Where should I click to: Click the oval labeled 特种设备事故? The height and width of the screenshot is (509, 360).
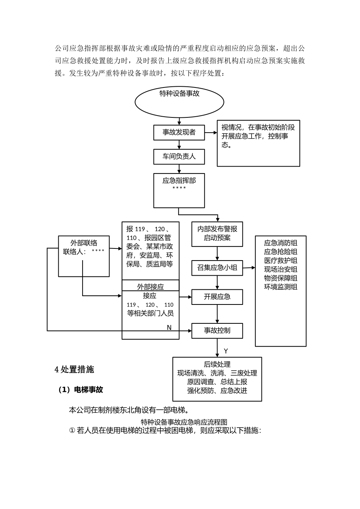[179, 101]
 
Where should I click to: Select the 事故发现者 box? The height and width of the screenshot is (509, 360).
[179, 133]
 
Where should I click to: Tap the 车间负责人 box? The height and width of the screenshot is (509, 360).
[179, 156]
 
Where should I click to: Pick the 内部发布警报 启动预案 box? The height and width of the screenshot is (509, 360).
[217, 234]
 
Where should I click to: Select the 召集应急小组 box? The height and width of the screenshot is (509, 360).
[217, 268]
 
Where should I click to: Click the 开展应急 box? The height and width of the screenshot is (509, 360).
[217, 297]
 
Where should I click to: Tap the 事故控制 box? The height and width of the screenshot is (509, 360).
[217, 331]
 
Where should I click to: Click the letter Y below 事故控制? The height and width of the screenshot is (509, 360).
[226, 351]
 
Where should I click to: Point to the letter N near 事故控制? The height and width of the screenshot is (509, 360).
[169, 327]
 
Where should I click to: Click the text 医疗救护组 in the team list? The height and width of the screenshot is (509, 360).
[281, 261]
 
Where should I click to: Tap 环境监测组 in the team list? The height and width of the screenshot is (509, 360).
[281, 287]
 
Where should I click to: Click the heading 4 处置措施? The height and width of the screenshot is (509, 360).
[75, 370]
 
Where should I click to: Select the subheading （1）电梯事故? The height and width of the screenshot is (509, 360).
[80, 390]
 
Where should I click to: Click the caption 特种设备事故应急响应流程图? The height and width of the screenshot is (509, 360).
[184, 422]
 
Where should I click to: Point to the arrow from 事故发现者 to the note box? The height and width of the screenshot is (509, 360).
[211, 133]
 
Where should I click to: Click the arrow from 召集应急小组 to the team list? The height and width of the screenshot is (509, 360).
[249, 268]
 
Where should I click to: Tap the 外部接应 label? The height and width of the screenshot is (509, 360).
[150, 287]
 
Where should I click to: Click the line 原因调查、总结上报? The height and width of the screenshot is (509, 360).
[217, 382]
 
